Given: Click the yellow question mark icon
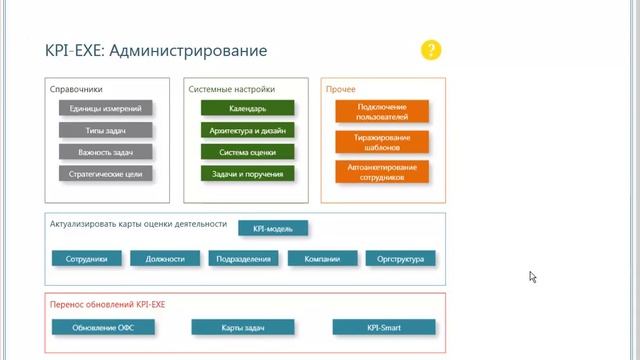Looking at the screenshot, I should click(430, 50).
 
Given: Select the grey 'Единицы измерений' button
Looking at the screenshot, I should click(105, 108).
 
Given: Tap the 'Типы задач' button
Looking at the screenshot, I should click(105, 130).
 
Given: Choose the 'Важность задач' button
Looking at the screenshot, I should click(105, 152).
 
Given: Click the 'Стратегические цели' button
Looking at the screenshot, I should click(105, 174).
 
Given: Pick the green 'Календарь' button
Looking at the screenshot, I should click(247, 108).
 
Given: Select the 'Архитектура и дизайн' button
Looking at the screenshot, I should click(247, 130).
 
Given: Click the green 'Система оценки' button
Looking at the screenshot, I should click(247, 152).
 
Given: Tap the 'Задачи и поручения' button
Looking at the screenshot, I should click(247, 174).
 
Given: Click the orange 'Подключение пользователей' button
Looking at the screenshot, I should click(382, 110).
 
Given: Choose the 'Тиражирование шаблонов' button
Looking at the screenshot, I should click(382, 141).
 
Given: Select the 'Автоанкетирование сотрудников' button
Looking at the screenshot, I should click(382, 171).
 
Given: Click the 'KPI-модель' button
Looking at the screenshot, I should click(273, 228).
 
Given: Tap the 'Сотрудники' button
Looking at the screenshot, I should click(87, 259).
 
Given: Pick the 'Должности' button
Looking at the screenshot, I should click(165, 259).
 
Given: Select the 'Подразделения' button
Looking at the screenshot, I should click(244, 259).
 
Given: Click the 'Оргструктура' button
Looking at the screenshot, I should click(401, 259).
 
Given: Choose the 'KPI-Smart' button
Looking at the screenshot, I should click(384, 327).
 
